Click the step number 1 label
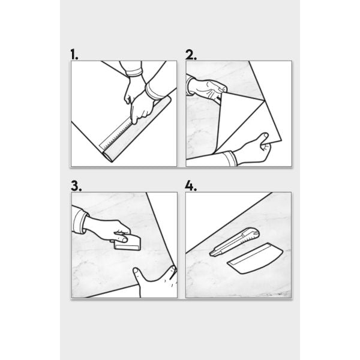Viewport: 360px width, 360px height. pyautogui.click(x=74, y=55)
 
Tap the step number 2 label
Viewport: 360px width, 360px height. pyautogui.click(x=191, y=55)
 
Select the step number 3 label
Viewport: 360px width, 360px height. pyautogui.click(x=76, y=186)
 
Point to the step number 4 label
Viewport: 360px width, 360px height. pyautogui.click(x=191, y=186)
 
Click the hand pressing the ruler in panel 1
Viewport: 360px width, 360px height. pyautogui.click(x=142, y=108)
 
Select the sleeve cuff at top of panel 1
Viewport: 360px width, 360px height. pyautogui.click(x=134, y=73)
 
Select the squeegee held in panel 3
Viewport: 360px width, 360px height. pyautogui.click(x=127, y=244)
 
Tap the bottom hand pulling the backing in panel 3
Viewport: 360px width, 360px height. pyautogui.click(x=156, y=281)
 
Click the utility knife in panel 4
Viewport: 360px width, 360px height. pyautogui.click(x=235, y=242)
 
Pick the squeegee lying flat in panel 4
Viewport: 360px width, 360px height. pyautogui.click(x=255, y=258)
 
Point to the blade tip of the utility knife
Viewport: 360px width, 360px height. pyautogui.click(x=211, y=254)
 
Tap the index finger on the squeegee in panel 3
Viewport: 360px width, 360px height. pyautogui.click(x=121, y=239)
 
